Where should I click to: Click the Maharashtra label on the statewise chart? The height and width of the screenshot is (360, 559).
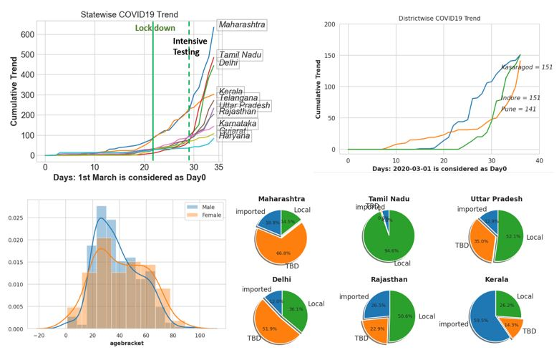tap(241, 25)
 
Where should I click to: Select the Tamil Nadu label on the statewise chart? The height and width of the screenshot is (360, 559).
tap(240, 54)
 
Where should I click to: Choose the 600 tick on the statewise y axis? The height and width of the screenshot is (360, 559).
tap(26, 34)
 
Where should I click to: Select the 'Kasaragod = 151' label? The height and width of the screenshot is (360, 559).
tap(526, 67)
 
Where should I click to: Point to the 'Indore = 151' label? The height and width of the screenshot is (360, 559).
tap(520, 97)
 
